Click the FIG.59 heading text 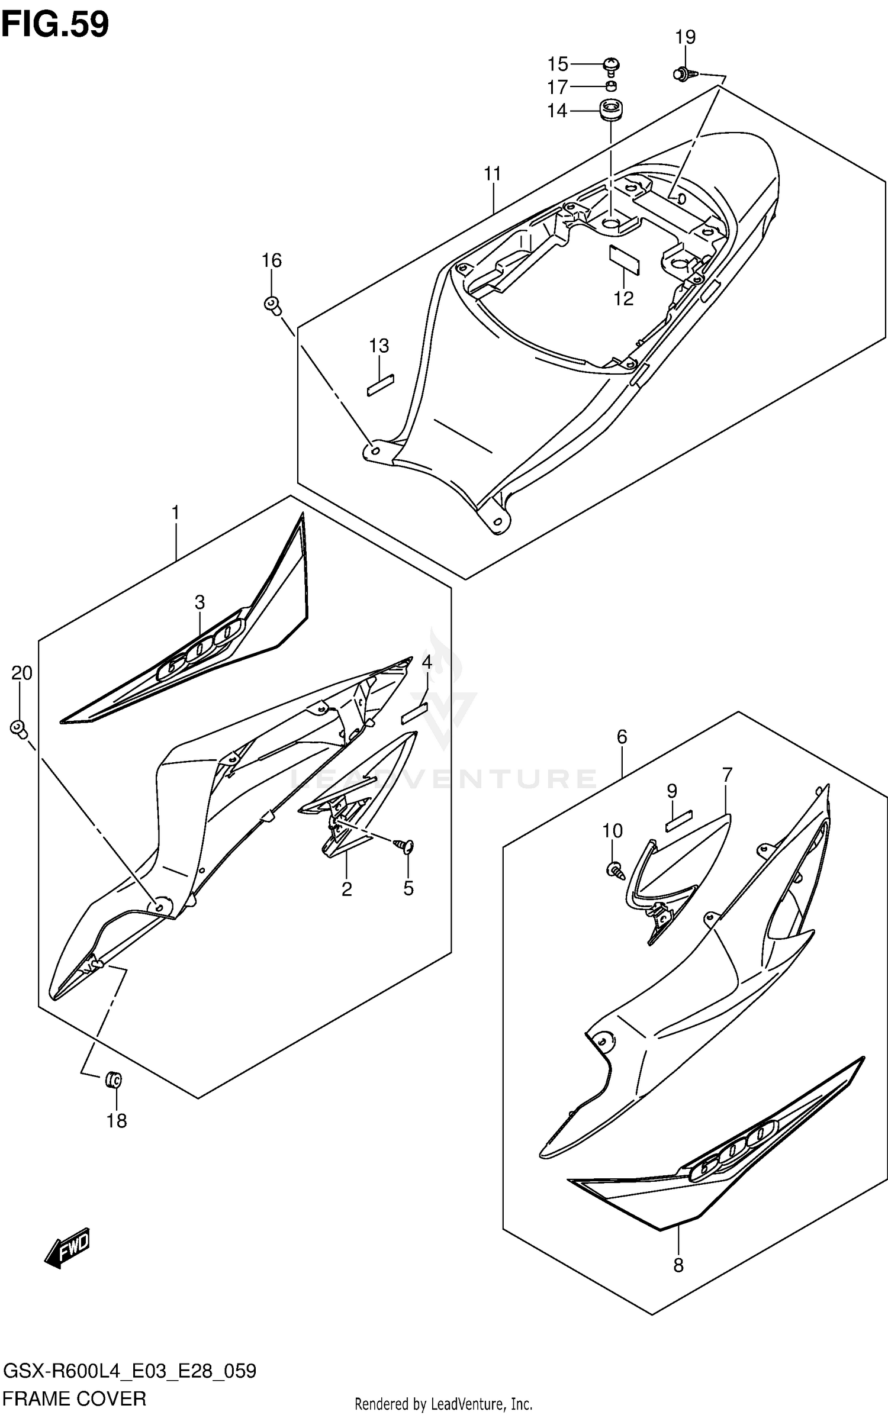click(55, 25)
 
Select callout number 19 click(685, 37)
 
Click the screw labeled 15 click(612, 65)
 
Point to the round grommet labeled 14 click(609, 111)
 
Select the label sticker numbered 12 click(625, 260)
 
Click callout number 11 click(492, 173)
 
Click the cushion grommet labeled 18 click(113, 1079)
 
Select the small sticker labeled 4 click(414, 714)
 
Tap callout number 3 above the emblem click(200, 602)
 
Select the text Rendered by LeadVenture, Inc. click(443, 1404)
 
